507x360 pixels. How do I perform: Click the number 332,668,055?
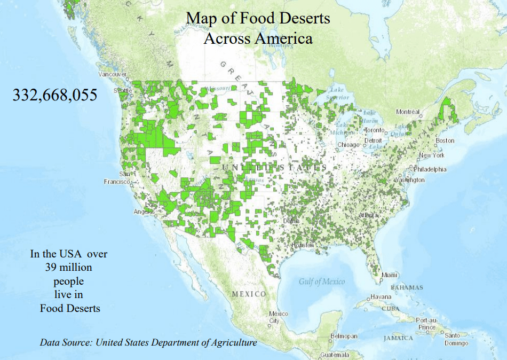click(x=55, y=95)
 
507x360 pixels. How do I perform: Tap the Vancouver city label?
click(x=113, y=74)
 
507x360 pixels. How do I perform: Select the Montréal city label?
click(x=408, y=112)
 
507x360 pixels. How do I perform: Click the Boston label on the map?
click(x=445, y=140)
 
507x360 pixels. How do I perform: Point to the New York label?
click(x=431, y=155)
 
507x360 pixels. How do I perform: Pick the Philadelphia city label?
click(x=430, y=169)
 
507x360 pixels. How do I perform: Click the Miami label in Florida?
click(x=389, y=275)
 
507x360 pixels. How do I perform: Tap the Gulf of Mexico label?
click(x=322, y=281)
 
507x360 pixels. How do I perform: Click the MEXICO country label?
click(x=249, y=294)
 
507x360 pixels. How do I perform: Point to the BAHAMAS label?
click(x=407, y=287)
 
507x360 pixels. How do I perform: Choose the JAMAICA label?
click(x=398, y=338)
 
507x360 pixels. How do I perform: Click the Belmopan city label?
click(x=344, y=336)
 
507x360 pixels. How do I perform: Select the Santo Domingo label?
click(x=456, y=340)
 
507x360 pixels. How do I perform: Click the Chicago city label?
click(x=348, y=145)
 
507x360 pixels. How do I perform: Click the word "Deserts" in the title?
click(x=302, y=19)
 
